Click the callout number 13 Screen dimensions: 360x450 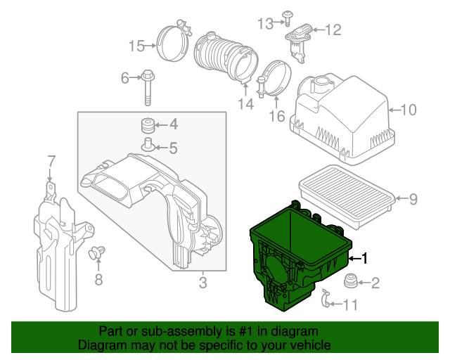click(264, 24)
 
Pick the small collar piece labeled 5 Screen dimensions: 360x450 click(148, 146)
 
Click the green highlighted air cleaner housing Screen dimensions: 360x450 click(295, 253)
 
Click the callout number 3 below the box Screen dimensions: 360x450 click(202, 283)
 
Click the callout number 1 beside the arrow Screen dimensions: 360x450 click(364, 258)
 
